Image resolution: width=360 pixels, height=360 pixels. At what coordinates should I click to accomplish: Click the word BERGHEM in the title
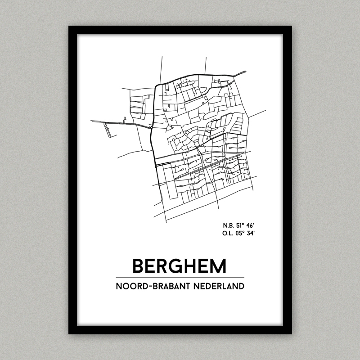(180, 265)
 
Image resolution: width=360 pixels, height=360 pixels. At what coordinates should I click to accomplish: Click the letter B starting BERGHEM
(138, 265)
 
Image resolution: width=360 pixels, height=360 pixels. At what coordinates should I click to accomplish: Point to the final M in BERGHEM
(218, 265)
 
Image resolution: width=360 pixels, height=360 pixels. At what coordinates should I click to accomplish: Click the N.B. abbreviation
(228, 225)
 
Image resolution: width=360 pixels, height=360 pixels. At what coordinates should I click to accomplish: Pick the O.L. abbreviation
(228, 233)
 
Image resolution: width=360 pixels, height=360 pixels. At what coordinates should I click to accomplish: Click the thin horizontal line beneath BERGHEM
(180, 277)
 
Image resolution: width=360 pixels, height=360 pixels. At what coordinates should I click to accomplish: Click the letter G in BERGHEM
(177, 265)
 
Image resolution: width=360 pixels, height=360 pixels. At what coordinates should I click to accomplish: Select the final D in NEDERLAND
(241, 286)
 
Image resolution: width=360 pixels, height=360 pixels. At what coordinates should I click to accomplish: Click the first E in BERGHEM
(151, 265)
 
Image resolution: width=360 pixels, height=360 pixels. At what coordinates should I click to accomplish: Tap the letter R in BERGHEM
(163, 265)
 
